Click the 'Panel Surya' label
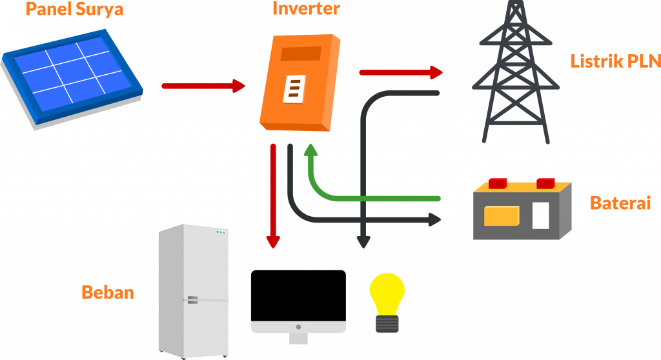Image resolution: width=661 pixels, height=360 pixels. (74, 10)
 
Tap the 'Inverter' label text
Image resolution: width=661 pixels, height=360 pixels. (306, 9)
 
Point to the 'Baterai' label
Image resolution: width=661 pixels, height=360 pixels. (620, 204)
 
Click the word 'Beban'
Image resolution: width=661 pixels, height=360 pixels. (108, 292)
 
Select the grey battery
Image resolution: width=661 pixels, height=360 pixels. (522, 212)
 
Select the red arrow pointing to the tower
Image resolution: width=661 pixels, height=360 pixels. (400, 72)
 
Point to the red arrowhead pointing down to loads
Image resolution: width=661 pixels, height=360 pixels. (274, 242)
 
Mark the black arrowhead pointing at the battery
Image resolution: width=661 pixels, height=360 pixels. (434, 220)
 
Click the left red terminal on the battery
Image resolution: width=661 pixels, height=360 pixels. (498, 183)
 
